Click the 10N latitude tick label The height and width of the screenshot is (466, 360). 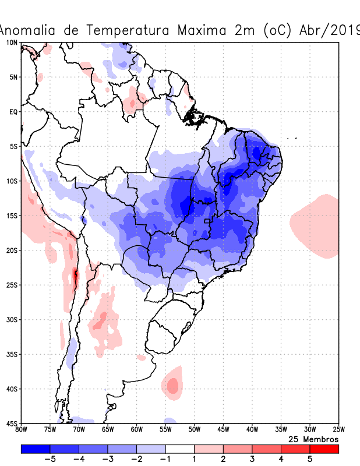tap(12, 43)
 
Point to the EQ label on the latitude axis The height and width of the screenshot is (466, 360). tap(13, 111)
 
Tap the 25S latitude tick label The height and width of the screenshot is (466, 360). tap(12, 285)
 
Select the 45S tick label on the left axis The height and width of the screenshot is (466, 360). tap(12, 423)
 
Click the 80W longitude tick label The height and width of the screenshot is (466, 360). tap(22, 430)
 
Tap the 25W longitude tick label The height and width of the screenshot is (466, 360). tap(338, 430)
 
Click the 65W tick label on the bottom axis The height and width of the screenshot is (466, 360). tap(108, 430)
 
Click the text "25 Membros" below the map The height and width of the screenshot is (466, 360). tap(313, 439)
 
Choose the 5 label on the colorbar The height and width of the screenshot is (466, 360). tap(310, 459)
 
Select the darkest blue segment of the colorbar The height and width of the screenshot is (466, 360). tap(36, 449)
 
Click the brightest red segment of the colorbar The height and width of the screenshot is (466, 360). tap(324, 449)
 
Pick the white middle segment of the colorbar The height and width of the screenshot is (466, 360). tap(180, 449)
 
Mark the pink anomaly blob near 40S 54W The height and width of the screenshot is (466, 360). tap(172, 386)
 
